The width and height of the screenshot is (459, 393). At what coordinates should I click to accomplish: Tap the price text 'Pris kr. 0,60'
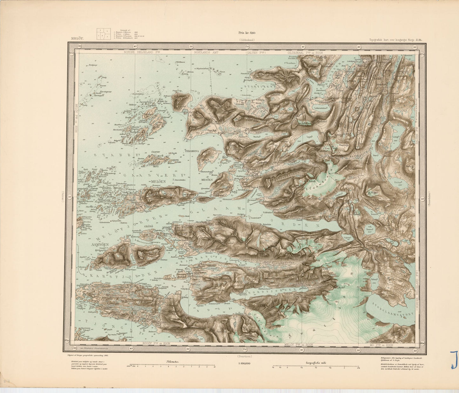coord(247,32)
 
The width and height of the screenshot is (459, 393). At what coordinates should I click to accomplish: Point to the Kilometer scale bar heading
coord(172,361)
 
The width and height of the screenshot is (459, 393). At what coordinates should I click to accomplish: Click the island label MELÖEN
coord(154,181)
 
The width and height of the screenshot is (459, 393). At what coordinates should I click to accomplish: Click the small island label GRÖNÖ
coord(149,227)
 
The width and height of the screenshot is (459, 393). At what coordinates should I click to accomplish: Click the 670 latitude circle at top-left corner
coord(71,53)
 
